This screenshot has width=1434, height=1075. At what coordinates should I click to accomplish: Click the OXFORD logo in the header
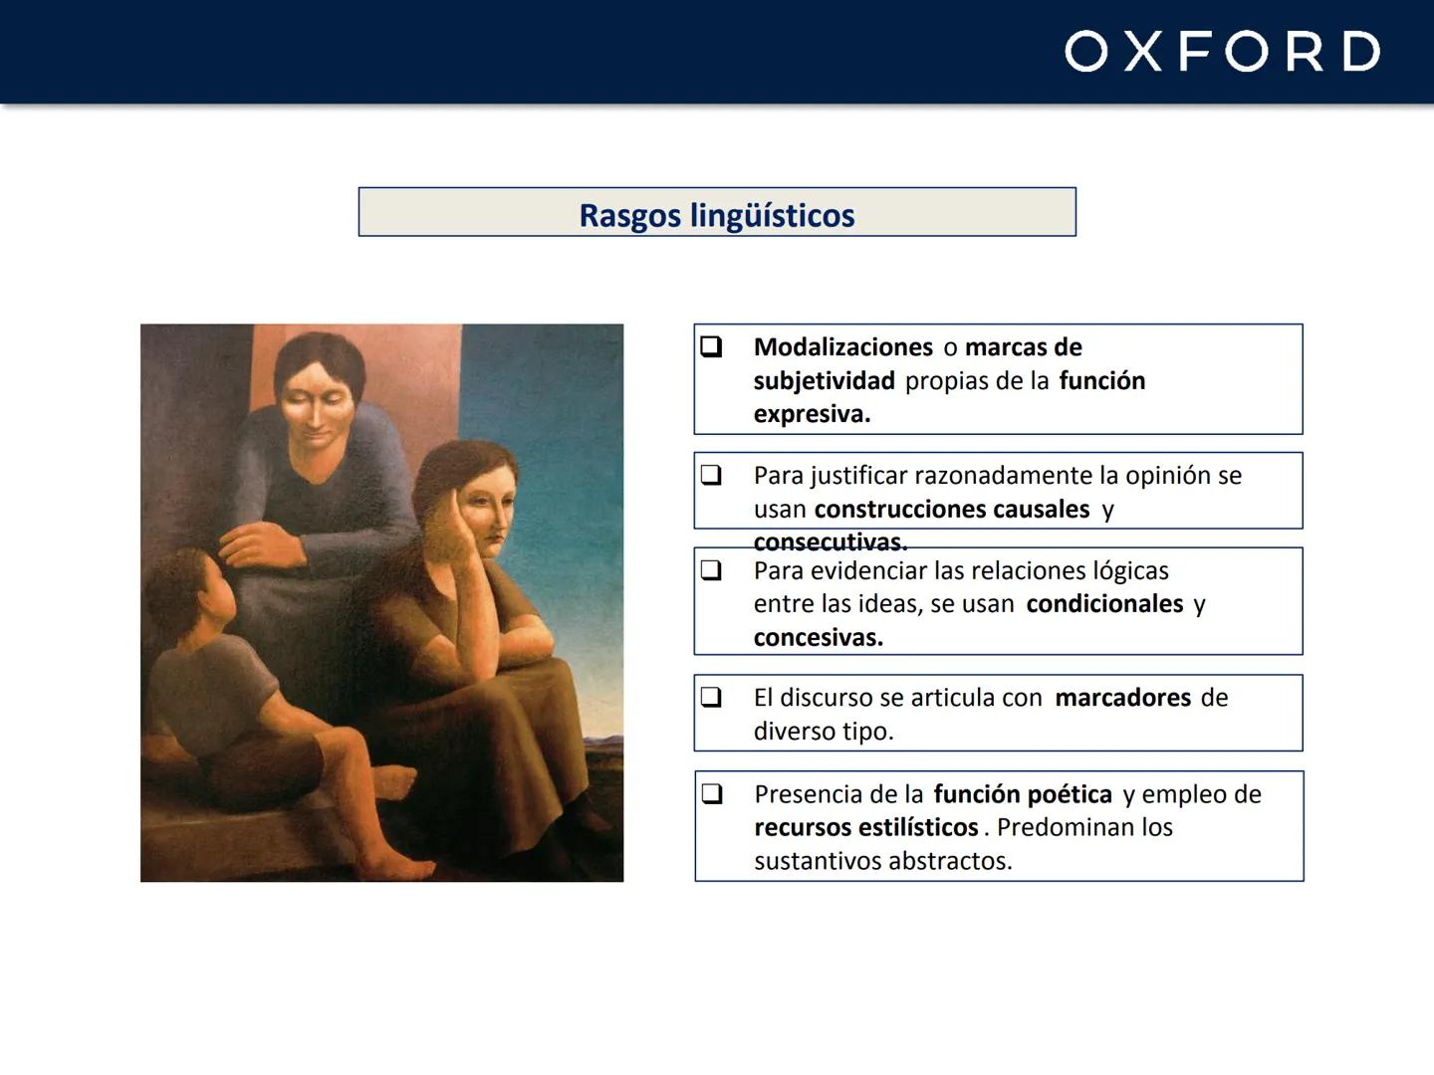[x=1222, y=52]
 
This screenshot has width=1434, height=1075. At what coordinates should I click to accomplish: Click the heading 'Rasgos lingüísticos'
[x=717, y=215]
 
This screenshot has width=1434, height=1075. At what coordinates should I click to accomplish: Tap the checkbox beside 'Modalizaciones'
[x=711, y=346]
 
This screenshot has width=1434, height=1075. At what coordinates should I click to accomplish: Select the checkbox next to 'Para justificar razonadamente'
[x=711, y=475]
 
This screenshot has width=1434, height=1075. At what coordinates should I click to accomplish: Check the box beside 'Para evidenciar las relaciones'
[x=711, y=570]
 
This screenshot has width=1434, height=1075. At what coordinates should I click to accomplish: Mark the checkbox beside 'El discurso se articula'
[x=711, y=697]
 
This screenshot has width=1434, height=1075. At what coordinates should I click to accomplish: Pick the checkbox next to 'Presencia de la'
[x=711, y=793]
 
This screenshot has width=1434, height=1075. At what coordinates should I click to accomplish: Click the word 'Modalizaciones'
[x=842, y=347]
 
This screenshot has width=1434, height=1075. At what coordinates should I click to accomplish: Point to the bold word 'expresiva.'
[x=812, y=414]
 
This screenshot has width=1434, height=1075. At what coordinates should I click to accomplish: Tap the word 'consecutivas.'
[x=831, y=542]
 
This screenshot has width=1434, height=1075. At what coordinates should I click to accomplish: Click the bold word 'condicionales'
[x=1104, y=604]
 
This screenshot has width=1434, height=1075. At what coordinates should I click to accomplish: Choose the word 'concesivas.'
[x=818, y=638]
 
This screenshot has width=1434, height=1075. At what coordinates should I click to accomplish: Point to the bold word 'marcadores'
[x=1122, y=698]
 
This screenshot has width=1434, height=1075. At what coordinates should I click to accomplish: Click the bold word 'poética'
[x=1069, y=794]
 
